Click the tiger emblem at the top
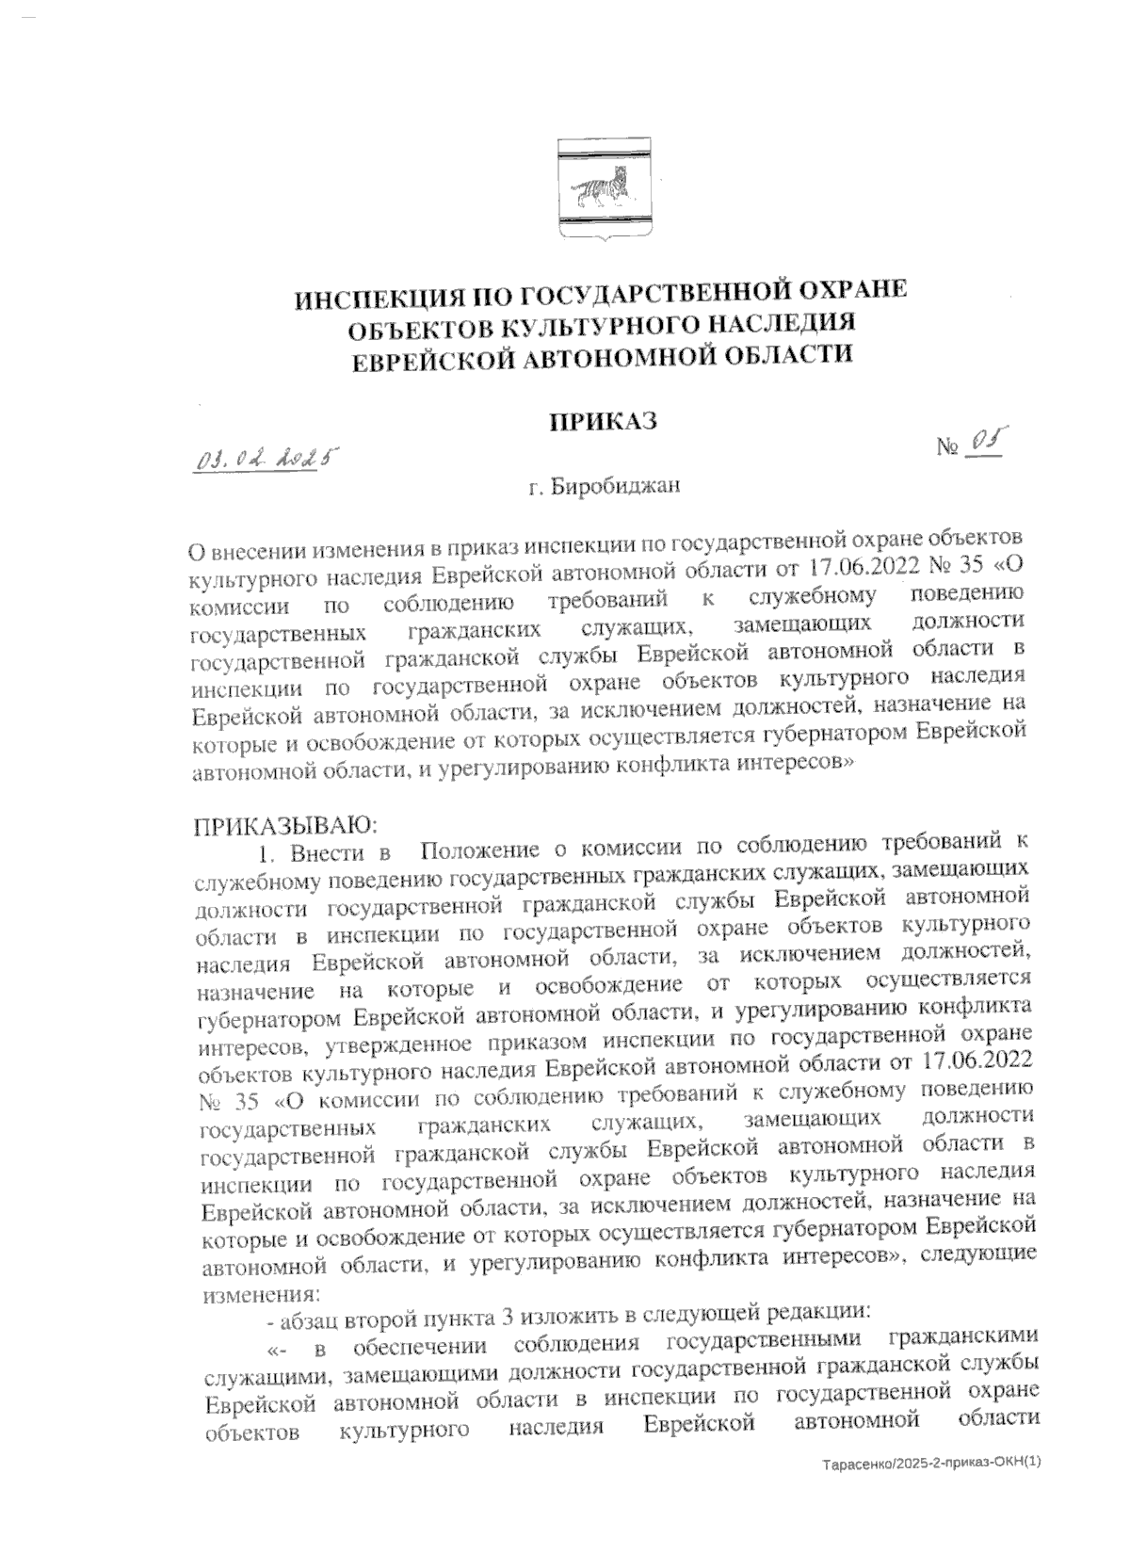click(602, 188)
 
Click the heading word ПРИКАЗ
click(603, 421)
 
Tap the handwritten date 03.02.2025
click(266, 460)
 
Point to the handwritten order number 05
click(986, 442)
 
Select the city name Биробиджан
click(616, 488)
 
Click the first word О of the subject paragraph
click(196, 550)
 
